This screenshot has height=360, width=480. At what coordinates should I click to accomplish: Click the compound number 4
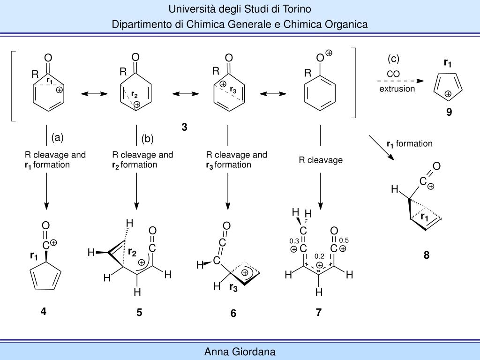pos(43,311)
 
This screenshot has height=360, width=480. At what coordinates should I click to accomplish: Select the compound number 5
pos(139,313)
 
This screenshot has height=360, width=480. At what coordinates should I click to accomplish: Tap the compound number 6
pos(233,314)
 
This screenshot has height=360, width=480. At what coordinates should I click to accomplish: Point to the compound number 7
pos(319,313)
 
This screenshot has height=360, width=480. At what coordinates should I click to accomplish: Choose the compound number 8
pos(427,255)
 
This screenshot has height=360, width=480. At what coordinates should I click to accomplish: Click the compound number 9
pos(449,112)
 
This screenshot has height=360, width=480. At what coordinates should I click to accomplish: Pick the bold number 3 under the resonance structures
pos(184,127)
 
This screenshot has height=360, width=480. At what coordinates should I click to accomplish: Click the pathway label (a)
pos(57,137)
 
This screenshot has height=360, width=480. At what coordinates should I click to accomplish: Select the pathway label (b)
pos(148,139)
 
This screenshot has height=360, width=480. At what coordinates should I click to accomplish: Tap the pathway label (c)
pos(393,59)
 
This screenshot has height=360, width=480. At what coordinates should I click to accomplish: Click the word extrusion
pos(397,89)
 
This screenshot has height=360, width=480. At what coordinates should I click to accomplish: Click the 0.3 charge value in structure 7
pos(294,241)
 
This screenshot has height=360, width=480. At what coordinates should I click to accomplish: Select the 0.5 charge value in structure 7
pos(344,240)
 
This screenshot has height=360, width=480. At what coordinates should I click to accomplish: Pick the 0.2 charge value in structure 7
pos(320,256)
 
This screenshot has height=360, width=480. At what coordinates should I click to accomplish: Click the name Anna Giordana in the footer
pos(240,352)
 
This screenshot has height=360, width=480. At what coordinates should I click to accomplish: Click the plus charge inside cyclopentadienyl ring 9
pos(448,94)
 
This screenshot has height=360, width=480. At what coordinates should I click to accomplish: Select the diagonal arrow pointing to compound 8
pos(381,148)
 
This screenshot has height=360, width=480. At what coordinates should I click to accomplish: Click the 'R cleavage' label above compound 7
pos(321,160)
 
